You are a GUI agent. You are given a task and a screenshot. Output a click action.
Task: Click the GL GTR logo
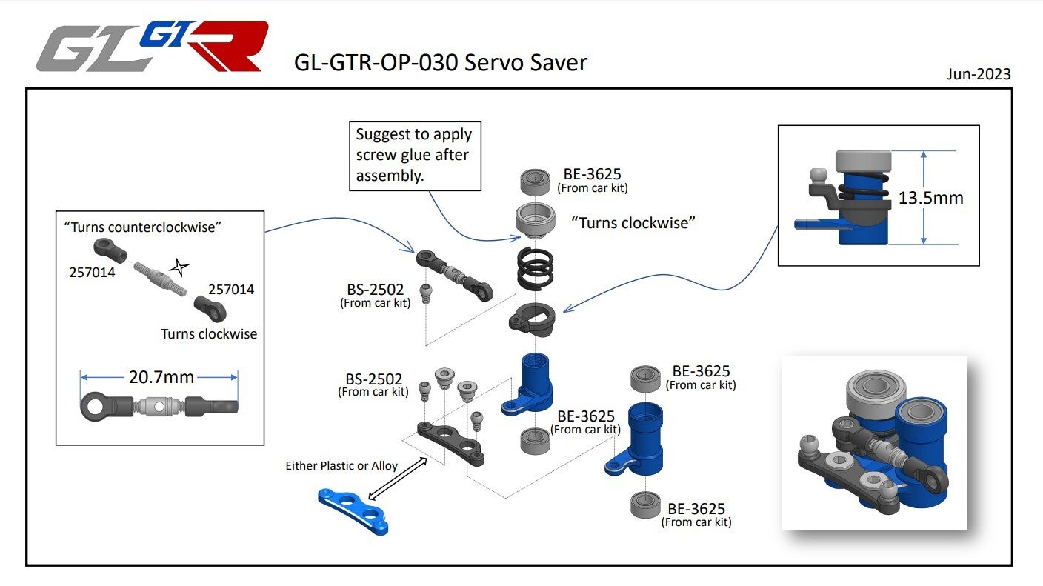coord(152,47)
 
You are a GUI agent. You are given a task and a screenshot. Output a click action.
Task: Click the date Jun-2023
coord(978,74)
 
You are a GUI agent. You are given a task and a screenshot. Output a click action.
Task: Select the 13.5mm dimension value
coord(930,198)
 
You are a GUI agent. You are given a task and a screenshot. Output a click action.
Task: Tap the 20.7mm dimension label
coord(161,377)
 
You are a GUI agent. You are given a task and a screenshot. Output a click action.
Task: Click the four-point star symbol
coord(179,267)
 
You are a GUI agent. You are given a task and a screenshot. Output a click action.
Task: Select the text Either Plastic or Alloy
coord(341,466)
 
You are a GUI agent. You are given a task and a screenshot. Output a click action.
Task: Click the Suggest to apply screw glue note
coord(414,155)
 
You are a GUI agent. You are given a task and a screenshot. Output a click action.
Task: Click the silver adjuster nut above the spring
coord(534,220)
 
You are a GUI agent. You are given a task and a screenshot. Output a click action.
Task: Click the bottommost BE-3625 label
coord(696,509)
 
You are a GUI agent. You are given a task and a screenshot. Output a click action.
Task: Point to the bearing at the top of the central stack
coord(536,180)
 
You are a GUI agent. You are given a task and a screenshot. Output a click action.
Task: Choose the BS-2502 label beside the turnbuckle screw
coord(375,290)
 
